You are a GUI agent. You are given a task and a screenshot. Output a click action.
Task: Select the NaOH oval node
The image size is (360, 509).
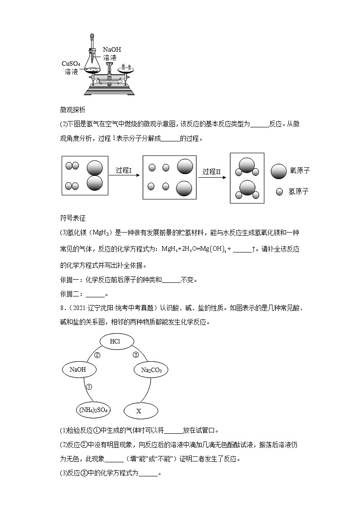pyautogui.click(x=78, y=369)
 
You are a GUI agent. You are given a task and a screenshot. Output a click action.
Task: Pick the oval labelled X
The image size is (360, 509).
pyautogui.click(x=139, y=411)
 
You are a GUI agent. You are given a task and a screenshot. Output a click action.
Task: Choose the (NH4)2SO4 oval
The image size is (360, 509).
pyautogui.click(x=93, y=410)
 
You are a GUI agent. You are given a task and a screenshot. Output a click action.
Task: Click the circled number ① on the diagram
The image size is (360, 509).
pyautogui.click(x=89, y=387)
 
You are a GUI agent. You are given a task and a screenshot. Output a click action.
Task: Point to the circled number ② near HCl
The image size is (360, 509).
pyautogui.click(x=97, y=355)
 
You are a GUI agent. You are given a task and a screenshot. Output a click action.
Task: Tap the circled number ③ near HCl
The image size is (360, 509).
pyautogui.click(x=135, y=355)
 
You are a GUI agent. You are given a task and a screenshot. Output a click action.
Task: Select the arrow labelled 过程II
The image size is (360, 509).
pyautogui.click(x=212, y=176)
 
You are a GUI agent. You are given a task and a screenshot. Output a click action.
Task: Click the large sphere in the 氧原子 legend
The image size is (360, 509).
pyautogui.click(x=278, y=171)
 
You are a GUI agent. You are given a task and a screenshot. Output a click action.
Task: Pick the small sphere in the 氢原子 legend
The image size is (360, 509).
pyautogui.click(x=279, y=192)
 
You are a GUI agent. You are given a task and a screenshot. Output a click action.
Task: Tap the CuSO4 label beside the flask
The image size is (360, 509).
pyautogui.click(x=71, y=64)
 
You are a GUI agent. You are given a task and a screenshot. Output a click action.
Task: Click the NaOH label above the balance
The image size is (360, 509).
pyautogui.click(x=112, y=49)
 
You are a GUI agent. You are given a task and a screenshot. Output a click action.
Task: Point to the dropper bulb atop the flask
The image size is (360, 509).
pyautogui.click(x=92, y=35)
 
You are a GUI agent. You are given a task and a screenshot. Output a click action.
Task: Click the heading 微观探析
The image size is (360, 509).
pyautogui.click(x=73, y=110)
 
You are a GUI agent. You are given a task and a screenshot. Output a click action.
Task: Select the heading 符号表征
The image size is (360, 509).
pyautogui.click(x=73, y=218)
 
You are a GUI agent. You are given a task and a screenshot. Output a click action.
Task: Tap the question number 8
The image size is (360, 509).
pyautogui.click(x=62, y=308)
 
